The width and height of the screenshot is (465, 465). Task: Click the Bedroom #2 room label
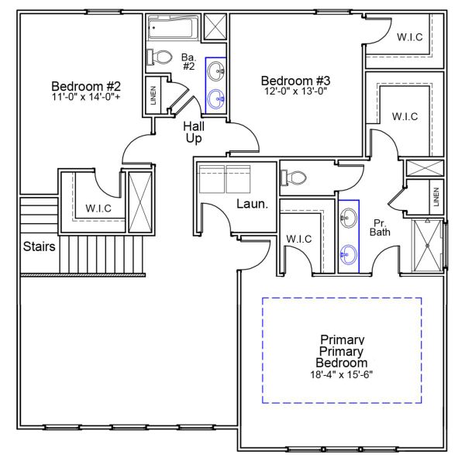(x=86, y=85)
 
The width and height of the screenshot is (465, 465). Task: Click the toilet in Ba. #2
(x=161, y=57)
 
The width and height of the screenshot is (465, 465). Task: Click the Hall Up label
(x=194, y=132)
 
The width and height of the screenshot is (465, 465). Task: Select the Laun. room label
(x=252, y=205)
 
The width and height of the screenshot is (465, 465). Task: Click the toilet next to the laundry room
(x=294, y=177)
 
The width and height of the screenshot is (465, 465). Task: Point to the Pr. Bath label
(x=380, y=226)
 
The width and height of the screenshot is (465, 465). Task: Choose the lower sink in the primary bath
(x=348, y=252)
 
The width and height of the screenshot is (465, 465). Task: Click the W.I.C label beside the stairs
(x=100, y=208)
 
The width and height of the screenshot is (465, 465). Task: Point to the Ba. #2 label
(x=188, y=61)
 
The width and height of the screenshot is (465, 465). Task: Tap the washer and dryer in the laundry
(x=224, y=179)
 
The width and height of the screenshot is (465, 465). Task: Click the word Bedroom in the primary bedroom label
(x=342, y=362)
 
